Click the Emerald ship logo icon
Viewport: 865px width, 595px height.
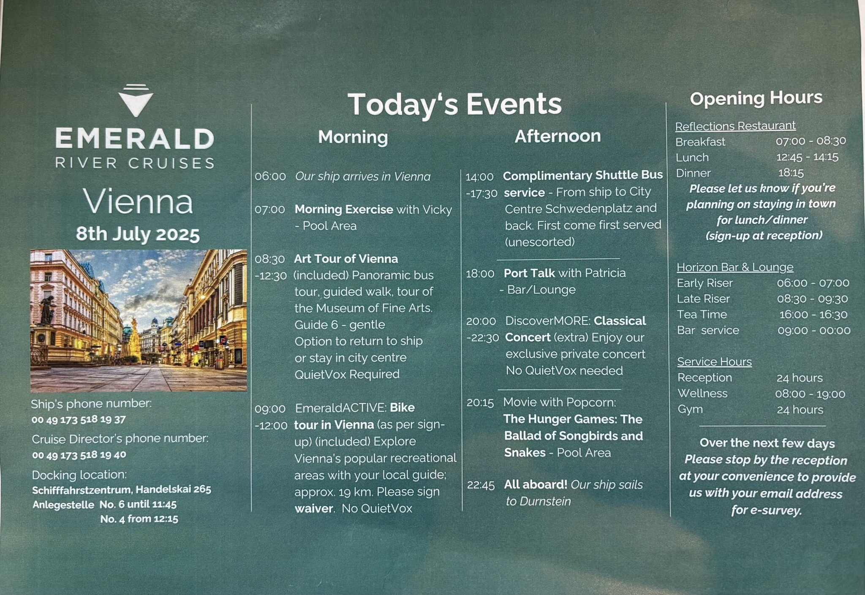[136, 100]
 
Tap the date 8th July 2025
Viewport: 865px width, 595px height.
[138, 234]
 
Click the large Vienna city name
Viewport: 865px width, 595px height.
[138, 201]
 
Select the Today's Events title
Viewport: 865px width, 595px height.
[454, 104]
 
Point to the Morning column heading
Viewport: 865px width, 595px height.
[353, 137]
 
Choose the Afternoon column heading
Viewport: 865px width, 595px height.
[558, 136]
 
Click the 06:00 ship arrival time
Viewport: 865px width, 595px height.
[270, 177]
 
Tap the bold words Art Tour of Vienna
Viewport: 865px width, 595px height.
[346, 258]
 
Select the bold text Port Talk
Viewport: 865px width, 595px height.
[529, 273]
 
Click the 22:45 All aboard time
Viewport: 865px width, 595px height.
[481, 485]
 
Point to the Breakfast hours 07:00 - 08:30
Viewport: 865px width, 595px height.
[811, 141]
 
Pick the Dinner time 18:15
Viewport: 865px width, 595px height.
[791, 173]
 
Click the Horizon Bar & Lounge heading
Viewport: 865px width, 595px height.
[735, 267]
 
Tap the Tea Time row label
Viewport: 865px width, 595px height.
[702, 315]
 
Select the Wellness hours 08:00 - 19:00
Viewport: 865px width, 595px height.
[810, 394]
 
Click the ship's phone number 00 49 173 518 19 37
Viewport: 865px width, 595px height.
[79, 420]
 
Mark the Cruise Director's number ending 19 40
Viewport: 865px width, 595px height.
[79, 455]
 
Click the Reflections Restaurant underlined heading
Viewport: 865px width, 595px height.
[735, 126]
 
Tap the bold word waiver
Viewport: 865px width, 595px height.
[314, 508]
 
